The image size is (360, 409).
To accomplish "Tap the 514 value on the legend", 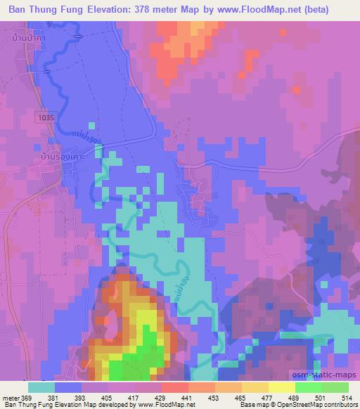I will coord(348,397).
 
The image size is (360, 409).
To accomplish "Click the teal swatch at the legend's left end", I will coord(41,387).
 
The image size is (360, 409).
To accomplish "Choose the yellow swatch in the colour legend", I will coord(281,387).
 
